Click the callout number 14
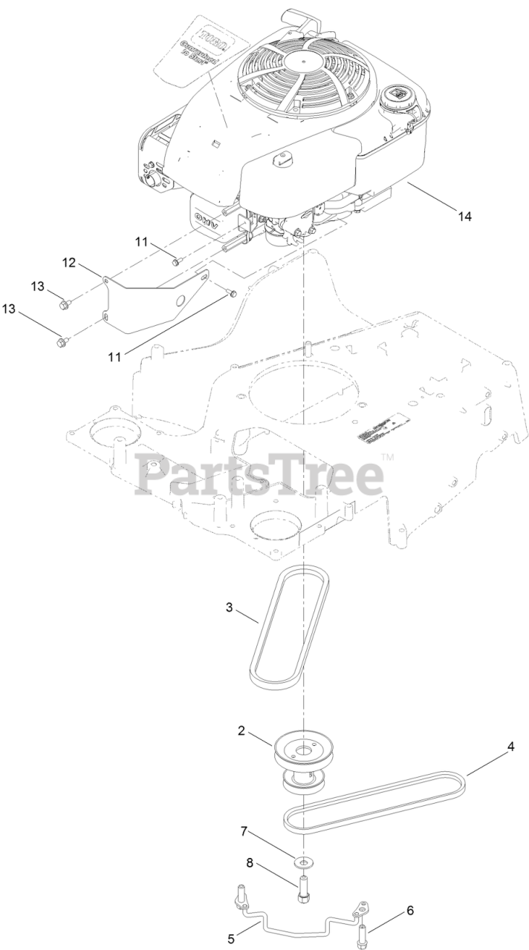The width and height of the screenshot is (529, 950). [x=464, y=216]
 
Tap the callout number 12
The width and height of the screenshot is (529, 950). [x=69, y=262]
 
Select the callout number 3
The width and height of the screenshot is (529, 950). [x=230, y=607]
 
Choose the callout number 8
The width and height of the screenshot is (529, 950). [x=250, y=862]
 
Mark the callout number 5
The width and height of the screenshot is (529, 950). [x=231, y=938]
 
